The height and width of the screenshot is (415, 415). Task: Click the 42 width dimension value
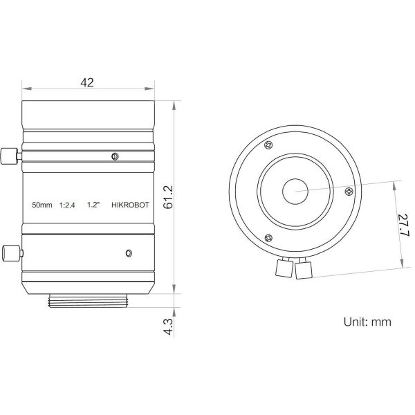coord(87,82)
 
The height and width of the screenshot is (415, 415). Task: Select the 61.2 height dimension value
coord(168,197)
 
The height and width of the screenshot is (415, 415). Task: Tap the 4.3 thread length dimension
coord(168,327)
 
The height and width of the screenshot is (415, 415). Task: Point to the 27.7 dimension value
coord(405,225)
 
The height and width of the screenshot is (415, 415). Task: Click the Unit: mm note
coord(367,322)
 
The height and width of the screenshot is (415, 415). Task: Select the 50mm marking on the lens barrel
coord(42,205)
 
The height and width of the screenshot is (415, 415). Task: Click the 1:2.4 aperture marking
coord(67,205)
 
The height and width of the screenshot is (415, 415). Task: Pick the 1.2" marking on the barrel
coord(93,205)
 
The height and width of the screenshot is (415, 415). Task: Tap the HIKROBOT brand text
coord(130,205)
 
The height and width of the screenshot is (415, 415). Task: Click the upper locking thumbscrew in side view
coord(10,156)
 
